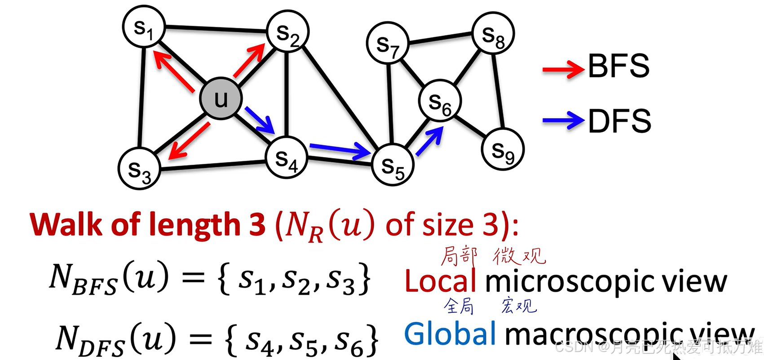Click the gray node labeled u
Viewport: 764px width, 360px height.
tap(221, 99)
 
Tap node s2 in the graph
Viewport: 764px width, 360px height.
tap(287, 33)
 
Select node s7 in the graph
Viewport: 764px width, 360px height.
tap(388, 44)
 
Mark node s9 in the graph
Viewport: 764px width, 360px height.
tap(503, 150)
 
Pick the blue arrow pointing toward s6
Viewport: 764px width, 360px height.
tap(429, 141)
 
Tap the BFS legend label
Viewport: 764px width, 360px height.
tap(618, 66)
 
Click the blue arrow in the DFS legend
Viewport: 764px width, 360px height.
tap(563, 120)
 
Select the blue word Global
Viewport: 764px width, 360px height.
tap(450, 334)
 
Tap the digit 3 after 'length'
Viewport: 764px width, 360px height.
tap(257, 224)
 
